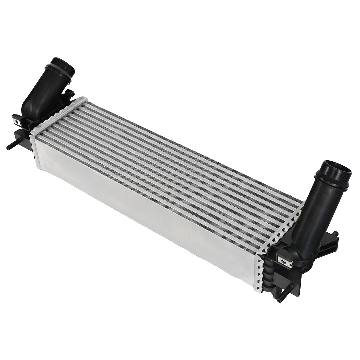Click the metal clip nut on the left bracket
17,122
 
